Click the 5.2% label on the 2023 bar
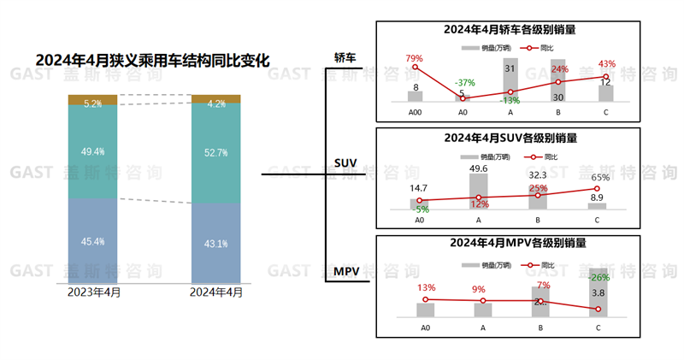click(93, 103)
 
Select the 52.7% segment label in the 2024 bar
click(216, 153)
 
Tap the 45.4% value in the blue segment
click(93, 242)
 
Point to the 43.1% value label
click(216, 245)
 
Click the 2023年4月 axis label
click(94, 292)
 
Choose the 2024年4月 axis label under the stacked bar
click(216, 292)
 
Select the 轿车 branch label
click(345, 57)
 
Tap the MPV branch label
click(345, 272)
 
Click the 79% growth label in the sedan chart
click(415, 57)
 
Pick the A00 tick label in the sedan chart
click(416, 112)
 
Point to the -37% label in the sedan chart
click(464, 82)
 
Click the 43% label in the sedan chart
click(607, 64)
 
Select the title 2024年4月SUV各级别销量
click(510, 137)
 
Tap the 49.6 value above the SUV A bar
click(479, 168)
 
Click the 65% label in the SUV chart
click(600, 177)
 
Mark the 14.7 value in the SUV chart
click(419, 188)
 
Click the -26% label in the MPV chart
click(600, 277)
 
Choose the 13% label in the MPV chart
click(426, 287)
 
